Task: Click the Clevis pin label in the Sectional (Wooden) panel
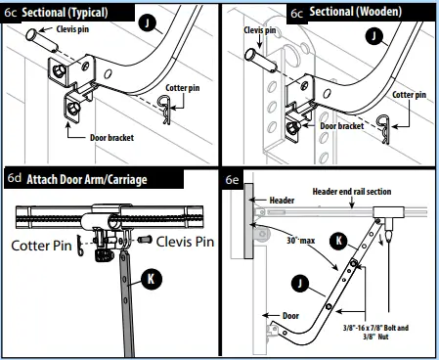[x=261, y=30]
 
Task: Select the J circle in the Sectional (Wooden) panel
[x=371, y=37]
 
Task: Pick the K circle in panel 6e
[x=337, y=238]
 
